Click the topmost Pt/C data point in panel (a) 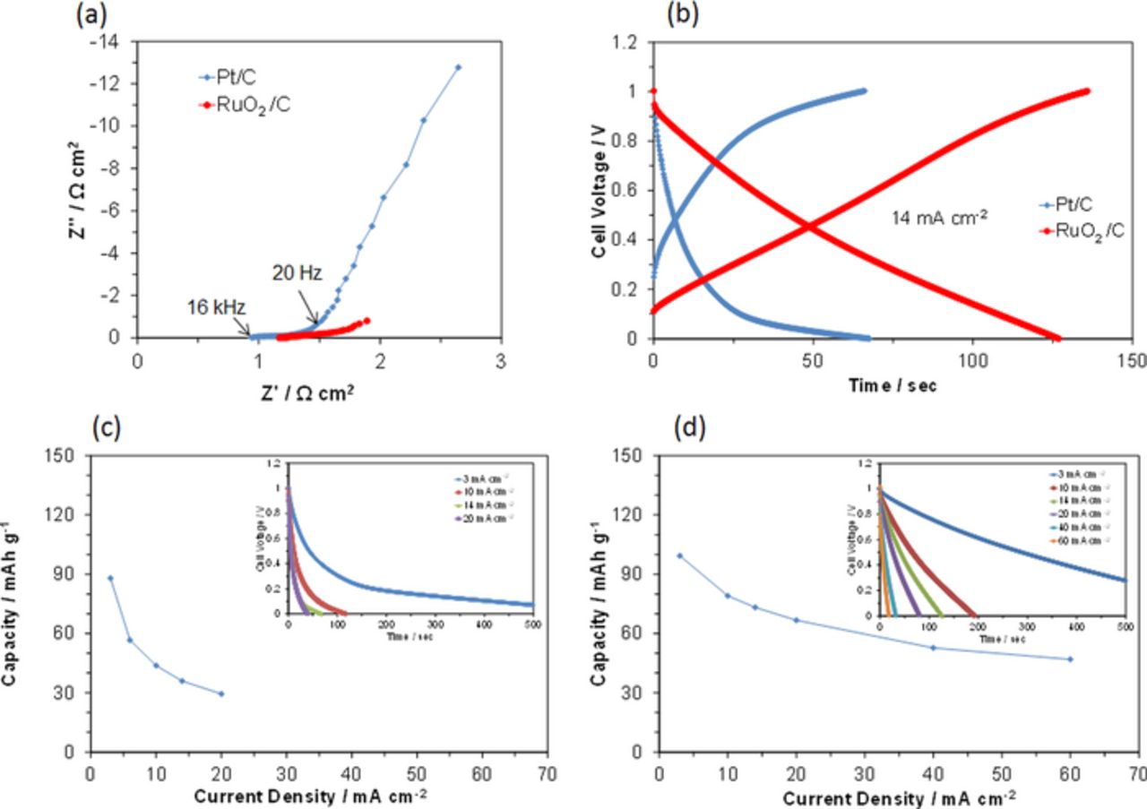click(459, 67)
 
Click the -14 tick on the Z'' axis click(110, 41)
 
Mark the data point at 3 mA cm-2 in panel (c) click(110, 578)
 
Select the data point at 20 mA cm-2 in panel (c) click(221, 693)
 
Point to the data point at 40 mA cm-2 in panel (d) click(933, 648)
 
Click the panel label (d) click(691, 429)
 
